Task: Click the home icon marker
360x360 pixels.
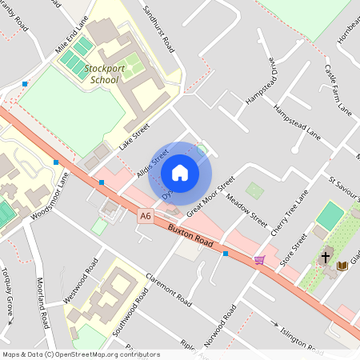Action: click(180, 172)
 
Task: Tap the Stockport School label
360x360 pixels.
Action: click(104, 74)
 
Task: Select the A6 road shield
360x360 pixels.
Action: click(145, 215)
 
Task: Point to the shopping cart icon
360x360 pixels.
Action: click(259, 259)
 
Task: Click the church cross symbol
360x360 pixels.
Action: click(326, 258)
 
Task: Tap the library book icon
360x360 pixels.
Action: click(342, 265)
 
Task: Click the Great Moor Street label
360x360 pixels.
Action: click(210, 197)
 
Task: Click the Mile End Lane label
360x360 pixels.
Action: click(70, 35)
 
